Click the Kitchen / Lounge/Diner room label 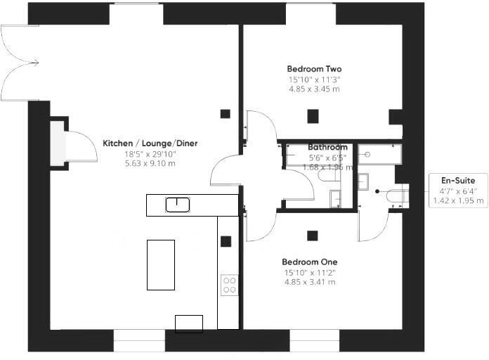[150, 143]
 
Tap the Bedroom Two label [314, 69]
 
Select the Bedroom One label [309, 262]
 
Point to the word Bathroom [327, 147]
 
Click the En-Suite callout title [458, 181]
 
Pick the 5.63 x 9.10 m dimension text [150, 163]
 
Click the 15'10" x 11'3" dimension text [314, 79]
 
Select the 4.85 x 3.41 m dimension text [310, 282]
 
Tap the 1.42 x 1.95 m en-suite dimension [458, 200]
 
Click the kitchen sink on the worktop [178, 205]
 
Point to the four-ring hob [230, 285]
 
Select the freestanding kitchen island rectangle [161, 265]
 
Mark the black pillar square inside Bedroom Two [313, 116]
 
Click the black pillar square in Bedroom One [312, 236]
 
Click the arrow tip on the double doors [39, 63]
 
